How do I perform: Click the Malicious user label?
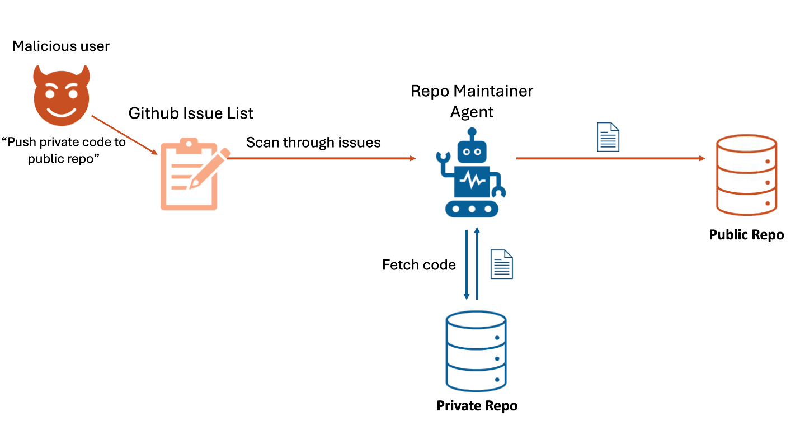pyautogui.click(x=61, y=46)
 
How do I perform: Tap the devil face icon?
pyautogui.click(x=62, y=95)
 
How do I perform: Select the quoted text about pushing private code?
pyautogui.click(x=64, y=150)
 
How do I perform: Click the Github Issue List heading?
pyautogui.click(x=191, y=113)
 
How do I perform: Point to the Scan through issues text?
pyautogui.click(x=313, y=143)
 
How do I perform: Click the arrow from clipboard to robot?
pyautogui.click(x=322, y=158)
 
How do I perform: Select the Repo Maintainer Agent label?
pyautogui.click(x=472, y=101)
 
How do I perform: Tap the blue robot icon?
pyautogui.click(x=471, y=172)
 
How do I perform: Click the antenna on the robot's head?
pyautogui.click(x=472, y=134)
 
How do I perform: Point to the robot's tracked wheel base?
pyautogui.click(x=472, y=209)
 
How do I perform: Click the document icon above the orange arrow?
pyautogui.click(x=608, y=137)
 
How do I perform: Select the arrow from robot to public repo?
pyautogui.click(x=611, y=158)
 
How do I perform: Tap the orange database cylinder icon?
pyautogui.click(x=747, y=175)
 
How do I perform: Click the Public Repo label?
pyautogui.click(x=746, y=235)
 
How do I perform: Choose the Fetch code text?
pyautogui.click(x=419, y=265)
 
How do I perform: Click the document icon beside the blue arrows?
pyautogui.click(x=502, y=264)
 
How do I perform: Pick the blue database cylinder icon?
pyautogui.click(x=476, y=352)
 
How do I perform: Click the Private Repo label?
pyautogui.click(x=477, y=406)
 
